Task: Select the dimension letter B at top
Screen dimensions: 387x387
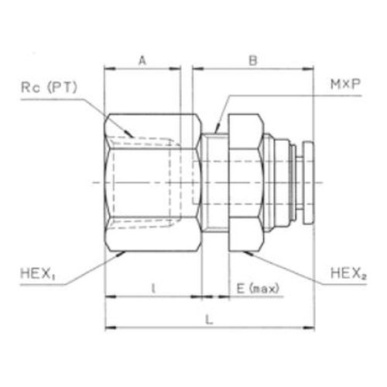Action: [x=252, y=59]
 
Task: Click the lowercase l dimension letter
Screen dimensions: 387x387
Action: [x=153, y=287]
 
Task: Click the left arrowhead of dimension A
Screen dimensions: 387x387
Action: [x=109, y=70]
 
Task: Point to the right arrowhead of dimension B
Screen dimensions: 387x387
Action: [x=312, y=70]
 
